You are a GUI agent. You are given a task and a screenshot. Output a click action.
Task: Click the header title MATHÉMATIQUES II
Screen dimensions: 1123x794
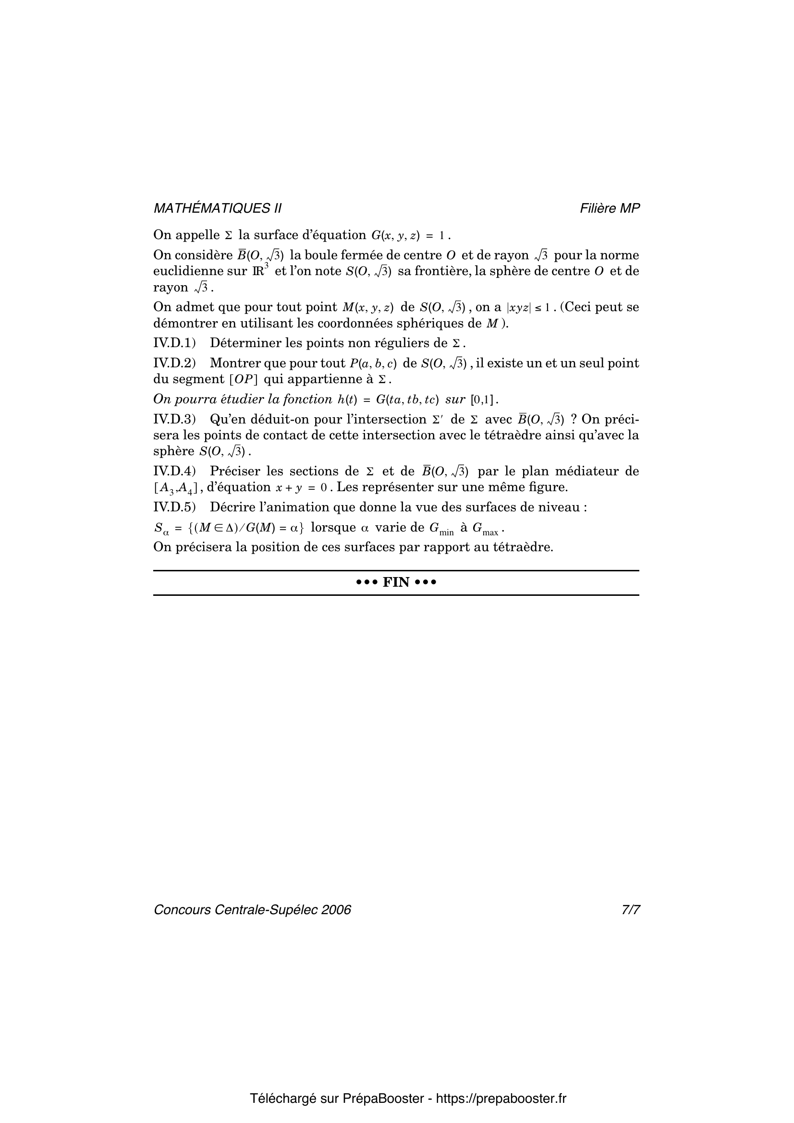pyautogui.click(x=217, y=208)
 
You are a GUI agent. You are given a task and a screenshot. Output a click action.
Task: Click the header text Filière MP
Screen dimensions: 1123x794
pyautogui.click(x=610, y=208)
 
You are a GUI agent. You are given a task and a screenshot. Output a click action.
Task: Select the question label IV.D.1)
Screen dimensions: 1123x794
pyautogui.click(x=174, y=343)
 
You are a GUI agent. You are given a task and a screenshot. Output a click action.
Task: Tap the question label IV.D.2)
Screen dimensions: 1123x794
pyautogui.click(x=174, y=363)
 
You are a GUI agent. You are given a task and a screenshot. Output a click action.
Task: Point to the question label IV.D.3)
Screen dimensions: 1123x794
pyautogui.click(x=174, y=419)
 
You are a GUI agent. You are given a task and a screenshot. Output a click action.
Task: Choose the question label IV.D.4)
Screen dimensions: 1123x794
pyautogui.click(x=174, y=471)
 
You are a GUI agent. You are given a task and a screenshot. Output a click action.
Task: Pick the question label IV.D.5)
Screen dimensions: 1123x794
pyautogui.click(x=174, y=507)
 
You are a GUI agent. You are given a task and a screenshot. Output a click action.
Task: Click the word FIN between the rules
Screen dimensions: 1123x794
pyautogui.click(x=396, y=582)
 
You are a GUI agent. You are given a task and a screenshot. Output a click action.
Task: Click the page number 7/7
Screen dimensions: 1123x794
pyautogui.click(x=631, y=910)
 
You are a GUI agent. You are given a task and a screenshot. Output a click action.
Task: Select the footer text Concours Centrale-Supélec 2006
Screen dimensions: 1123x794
pyautogui.click(x=252, y=910)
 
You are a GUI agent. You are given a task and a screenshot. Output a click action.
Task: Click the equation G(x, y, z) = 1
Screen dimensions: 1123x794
pyautogui.click(x=408, y=236)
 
